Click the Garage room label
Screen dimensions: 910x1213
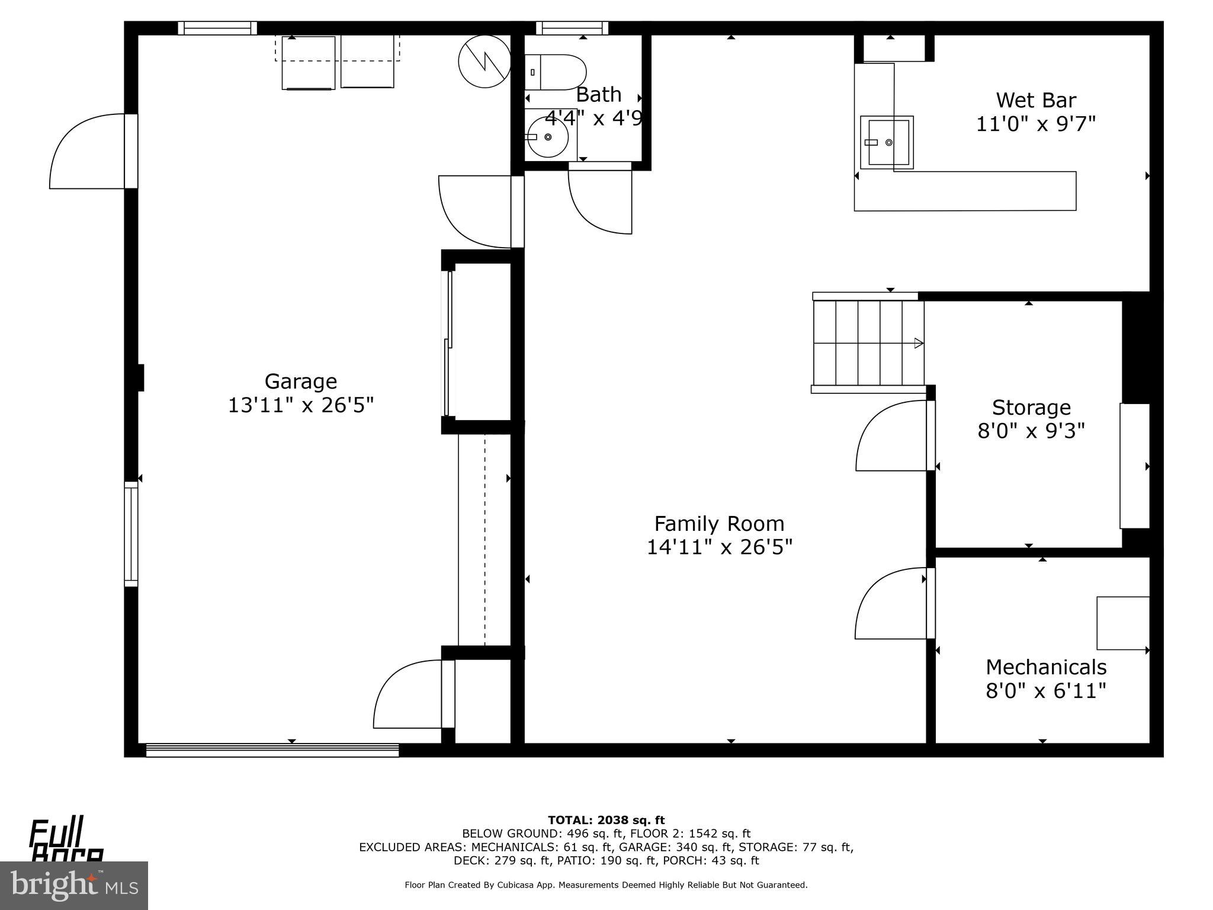300,381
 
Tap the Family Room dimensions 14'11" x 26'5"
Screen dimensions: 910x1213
719,547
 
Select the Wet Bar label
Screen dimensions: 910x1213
1035,100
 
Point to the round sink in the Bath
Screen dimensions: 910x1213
547,137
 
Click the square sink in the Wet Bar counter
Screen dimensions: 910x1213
887,142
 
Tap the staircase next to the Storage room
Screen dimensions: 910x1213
868,342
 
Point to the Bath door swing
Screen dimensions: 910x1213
599,201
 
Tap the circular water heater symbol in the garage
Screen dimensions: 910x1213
484,62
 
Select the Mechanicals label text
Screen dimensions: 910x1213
1045,667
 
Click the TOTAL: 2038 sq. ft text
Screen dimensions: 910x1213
606,820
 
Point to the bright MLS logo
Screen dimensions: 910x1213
73,885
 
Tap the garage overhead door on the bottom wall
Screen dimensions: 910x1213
272,750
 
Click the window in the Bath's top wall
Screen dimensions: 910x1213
572,28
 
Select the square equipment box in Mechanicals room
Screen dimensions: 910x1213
1122,623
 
